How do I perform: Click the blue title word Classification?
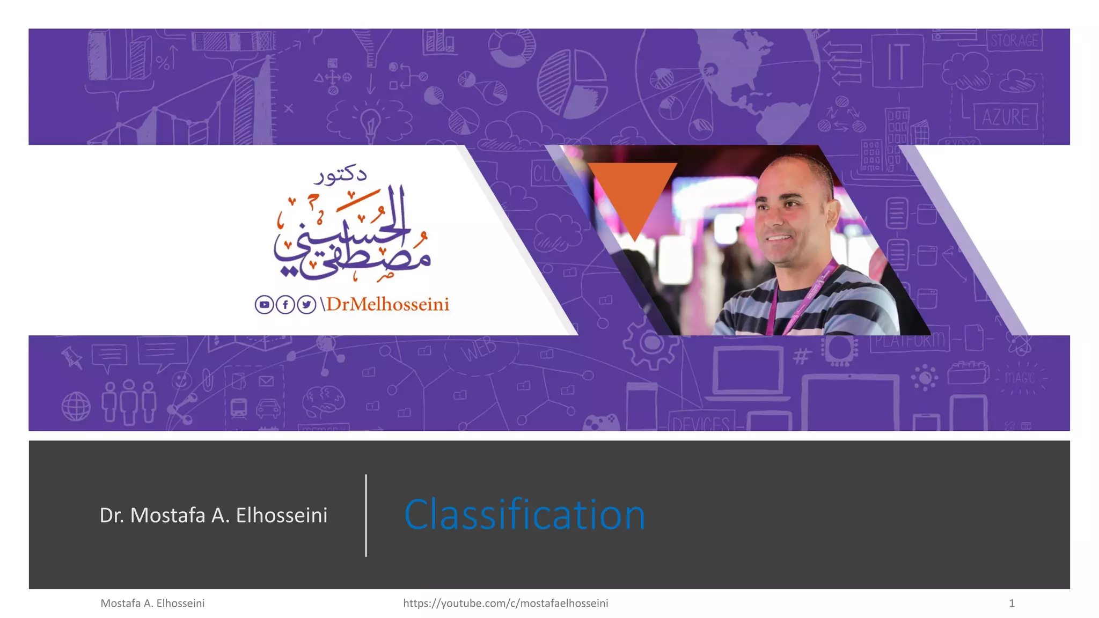pyautogui.click(x=524, y=514)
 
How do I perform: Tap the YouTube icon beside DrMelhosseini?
pyautogui.click(x=264, y=305)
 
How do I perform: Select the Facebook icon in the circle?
pyautogui.click(x=285, y=305)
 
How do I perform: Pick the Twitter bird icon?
pyautogui.click(x=306, y=305)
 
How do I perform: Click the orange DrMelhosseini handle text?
pyautogui.click(x=387, y=305)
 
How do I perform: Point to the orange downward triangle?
pyautogui.click(x=633, y=193)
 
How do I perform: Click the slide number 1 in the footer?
pyautogui.click(x=1012, y=603)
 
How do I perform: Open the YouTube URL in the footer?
pyautogui.click(x=505, y=603)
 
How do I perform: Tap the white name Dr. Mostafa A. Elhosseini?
pyautogui.click(x=214, y=515)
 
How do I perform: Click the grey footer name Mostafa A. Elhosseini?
pyautogui.click(x=152, y=603)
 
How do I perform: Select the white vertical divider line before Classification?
pyautogui.click(x=366, y=515)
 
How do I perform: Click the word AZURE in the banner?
pyautogui.click(x=1006, y=117)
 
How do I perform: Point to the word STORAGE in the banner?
pyautogui.click(x=1014, y=41)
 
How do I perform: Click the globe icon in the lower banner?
pyautogui.click(x=76, y=406)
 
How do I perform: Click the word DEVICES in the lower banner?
pyautogui.click(x=700, y=424)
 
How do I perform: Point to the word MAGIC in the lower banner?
pyautogui.click(x=1020, y=378)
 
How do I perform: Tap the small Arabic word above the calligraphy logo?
pyautogui.click(x=340, y=175)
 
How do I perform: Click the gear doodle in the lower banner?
pyautogui.click(x=650, y=343)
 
